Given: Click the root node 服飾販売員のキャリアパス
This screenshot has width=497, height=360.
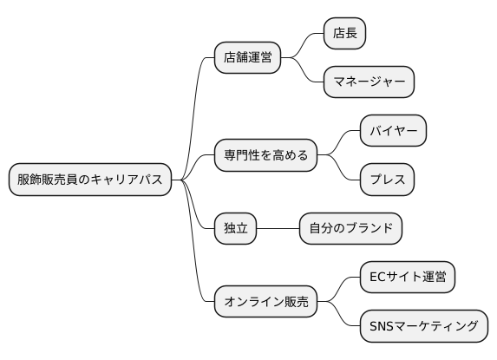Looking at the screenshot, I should tap(90, 180).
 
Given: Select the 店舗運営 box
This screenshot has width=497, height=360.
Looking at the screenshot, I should tap(248, 58).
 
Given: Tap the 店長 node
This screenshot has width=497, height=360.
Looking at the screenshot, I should tap(344, 34).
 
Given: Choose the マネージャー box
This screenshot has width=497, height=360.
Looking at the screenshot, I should tap(369, 82).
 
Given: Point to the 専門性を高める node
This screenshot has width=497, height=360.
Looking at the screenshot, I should tap(266, 156).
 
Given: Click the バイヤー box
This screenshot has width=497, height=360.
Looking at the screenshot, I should tap(393, 132).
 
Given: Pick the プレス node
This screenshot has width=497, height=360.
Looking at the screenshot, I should tap(387, 180).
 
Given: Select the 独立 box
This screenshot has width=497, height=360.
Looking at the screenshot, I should tap(236, 229).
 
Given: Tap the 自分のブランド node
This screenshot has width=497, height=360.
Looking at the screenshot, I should tap(350, 229).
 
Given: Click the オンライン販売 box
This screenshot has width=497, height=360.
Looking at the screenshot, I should tap(266, 302).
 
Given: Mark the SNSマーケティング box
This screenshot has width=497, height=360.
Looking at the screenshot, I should tap(423, 326).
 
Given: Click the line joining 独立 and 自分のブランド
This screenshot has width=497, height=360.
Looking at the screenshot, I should tap(278, 229).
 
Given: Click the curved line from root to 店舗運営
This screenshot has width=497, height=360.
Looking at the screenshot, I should tap(198, 104).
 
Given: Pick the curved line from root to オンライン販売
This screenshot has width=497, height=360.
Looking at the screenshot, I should tap(198, 260).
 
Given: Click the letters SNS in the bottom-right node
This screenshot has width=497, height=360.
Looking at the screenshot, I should tap(383, 326).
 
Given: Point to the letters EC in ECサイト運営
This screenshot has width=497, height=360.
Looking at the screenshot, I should tap(378, 278).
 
